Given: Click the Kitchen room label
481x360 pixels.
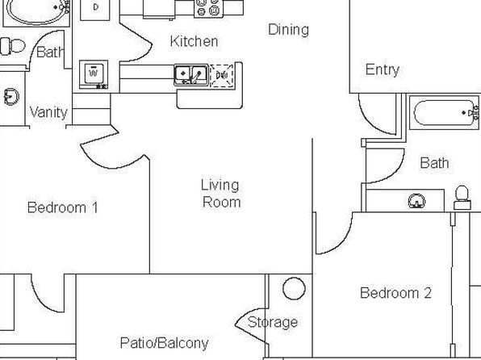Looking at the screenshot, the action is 194,41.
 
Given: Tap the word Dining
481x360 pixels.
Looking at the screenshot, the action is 288,30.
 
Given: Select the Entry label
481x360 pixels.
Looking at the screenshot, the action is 383,70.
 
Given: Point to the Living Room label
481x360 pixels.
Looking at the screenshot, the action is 220,194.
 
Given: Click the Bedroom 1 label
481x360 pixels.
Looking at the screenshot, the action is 63,207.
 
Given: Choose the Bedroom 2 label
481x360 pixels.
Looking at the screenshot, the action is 395,293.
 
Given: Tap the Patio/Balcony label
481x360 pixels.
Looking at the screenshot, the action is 164,343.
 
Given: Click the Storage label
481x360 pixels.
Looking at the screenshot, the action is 273,323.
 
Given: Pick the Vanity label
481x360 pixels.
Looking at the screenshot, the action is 48,112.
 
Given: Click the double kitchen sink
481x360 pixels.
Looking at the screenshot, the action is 191,74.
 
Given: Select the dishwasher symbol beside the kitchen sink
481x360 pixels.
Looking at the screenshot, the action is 221,75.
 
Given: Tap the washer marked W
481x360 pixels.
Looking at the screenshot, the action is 94,74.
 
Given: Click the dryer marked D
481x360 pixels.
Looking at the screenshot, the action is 94,9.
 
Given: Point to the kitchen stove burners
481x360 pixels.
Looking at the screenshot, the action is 207,7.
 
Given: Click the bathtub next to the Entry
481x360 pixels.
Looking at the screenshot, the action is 444,112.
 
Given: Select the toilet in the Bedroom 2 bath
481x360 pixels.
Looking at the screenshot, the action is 462,198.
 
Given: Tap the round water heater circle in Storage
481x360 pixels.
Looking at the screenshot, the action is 294,288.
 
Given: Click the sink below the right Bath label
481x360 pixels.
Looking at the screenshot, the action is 417,201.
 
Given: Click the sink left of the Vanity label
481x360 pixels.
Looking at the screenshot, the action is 11,97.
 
